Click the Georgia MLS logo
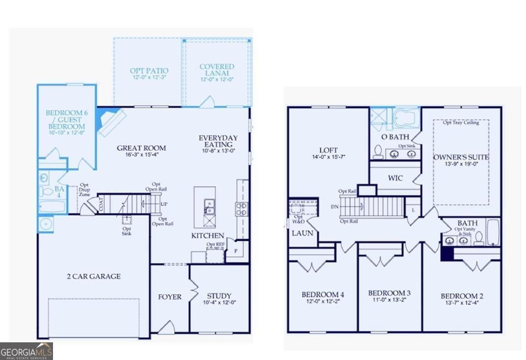pos(26,351)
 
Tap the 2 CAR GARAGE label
pos(93,277)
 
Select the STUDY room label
pos(219,296)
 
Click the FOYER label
pos(170,297)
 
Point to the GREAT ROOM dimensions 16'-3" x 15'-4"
pos(141,155)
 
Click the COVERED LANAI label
pos(217,70)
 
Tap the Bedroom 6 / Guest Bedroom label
pos(67,120)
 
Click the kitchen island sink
pos(209,206)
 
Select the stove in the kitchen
pos(241,209)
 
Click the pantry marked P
pos(236,250)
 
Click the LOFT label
pos(328,150)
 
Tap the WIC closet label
pos(395,178)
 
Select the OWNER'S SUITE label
pos(461,157)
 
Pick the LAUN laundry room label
pos(302,233)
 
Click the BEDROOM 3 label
pos(389,293)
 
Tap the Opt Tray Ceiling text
pos(461,122)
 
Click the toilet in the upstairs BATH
pos(478,238)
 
